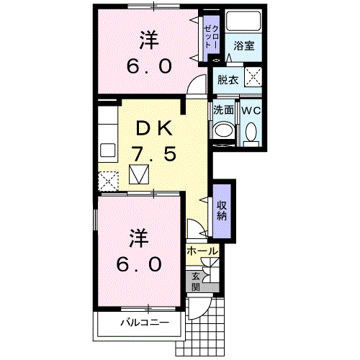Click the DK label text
[x=154, y=130]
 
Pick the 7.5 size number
[x=153, y=154]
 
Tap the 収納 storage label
[x=222, y=210]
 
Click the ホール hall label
[x=202, y=251]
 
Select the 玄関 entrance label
[x=195, y=280]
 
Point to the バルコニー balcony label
[x=144, y=322]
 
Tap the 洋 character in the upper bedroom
[x=149, y=40]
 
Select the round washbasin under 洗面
[x=224, y=131]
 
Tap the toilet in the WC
[x=250, y=133]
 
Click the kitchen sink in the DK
[x=108, y=151]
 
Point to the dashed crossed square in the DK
[x=108, y=180]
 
